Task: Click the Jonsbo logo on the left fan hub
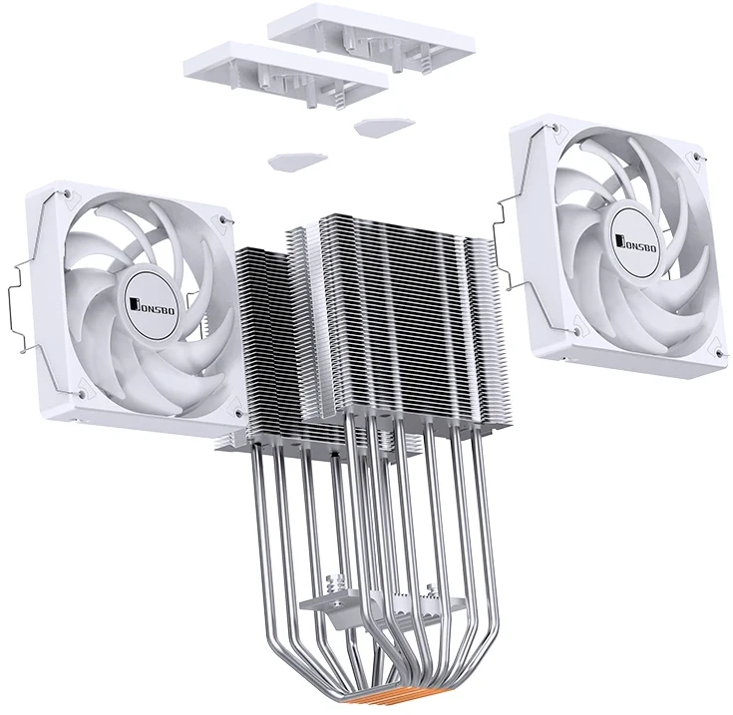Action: (x=154, y=306)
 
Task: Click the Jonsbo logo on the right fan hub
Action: (x=636, y=241)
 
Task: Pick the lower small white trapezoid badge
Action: (x=297, y=161)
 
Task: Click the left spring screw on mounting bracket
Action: (x=339, y=583)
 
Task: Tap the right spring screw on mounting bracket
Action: (x=431, y=591)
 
